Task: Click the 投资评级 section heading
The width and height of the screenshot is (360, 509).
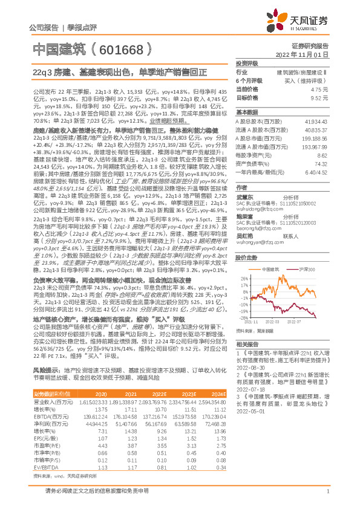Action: (247, 63)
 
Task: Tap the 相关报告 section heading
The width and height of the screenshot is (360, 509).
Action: (247, 343)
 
